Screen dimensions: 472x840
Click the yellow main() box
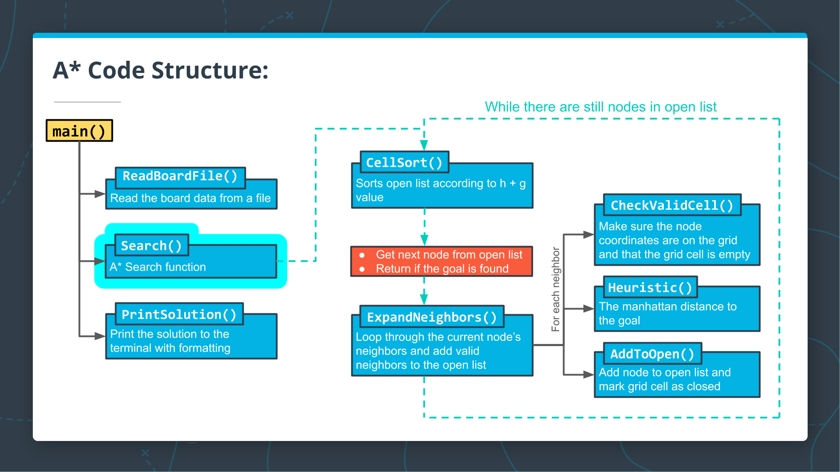coord(79,131)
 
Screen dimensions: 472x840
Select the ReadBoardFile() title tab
coord(180,176)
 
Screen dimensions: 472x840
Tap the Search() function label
coord(151,246)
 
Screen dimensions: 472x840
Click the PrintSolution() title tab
coord(179,315)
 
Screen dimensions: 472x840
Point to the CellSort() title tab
coord(404,163)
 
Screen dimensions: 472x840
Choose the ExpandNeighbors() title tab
coord(431,317)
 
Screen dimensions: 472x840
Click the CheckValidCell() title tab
coord(672,205)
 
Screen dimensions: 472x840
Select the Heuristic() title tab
coord(650,288)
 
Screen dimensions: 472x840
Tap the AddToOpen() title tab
coord(652,354)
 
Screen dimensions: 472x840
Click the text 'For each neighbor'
coord(556,289)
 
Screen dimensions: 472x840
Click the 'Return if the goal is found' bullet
coord(442,269)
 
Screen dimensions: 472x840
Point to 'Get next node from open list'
coord(449,255)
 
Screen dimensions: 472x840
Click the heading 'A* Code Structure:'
coord(161,70)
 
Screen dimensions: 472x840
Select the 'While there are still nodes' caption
coord(600,107)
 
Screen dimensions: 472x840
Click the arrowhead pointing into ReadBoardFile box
coord(100,194)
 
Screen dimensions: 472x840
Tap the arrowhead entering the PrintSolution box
coord(100,336)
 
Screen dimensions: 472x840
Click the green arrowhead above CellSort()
coord(424,145)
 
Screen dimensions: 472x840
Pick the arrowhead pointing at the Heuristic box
coord(588,309)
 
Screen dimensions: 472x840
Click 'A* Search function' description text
coord(157,267)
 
